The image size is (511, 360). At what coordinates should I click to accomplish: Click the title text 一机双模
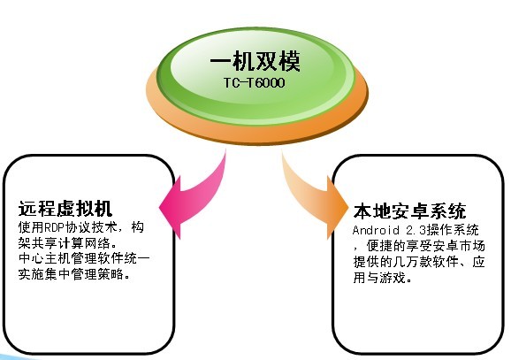(255, 61)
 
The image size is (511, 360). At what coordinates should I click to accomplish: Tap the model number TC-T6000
(255, 83)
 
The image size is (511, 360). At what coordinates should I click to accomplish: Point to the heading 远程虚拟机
(65, 209)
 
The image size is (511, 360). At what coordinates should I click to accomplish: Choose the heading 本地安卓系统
(409, 211)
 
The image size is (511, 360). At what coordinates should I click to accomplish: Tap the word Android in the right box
(376, 230)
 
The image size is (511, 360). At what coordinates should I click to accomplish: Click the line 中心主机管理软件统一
(84, 258)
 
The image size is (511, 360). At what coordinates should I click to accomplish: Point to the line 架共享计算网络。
(67, 243)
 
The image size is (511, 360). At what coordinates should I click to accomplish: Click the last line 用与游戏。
(382, 278)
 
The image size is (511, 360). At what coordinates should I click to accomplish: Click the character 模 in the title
(289, 61)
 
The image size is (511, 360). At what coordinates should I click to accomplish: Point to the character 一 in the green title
(221, 61)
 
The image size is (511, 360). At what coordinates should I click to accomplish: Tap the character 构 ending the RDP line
(138, 227)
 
